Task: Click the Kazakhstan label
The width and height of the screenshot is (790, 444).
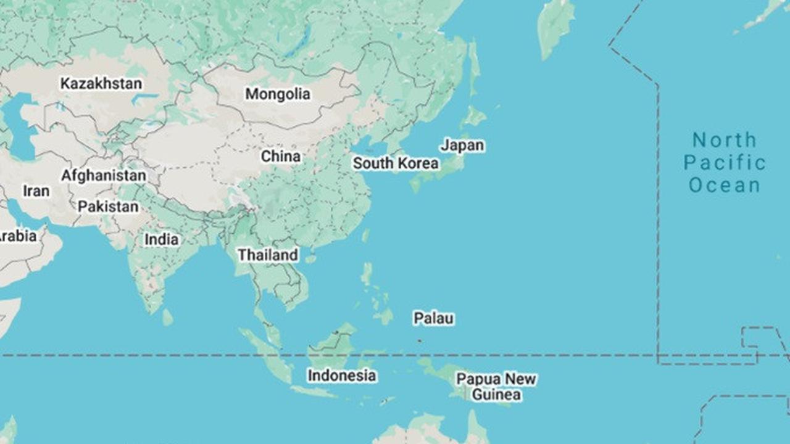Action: (x=101, y=84)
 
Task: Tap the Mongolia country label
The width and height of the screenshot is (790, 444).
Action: (x=278, y=94)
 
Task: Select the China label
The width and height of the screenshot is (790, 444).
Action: (x=281, y=157)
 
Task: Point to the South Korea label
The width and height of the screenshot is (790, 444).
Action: (x=396, y=163)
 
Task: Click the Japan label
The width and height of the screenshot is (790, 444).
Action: (x=462, y=146)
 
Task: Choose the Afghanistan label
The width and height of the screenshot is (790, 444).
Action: (x=104, y=176)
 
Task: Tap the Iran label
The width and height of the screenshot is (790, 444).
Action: (x=36, y=191)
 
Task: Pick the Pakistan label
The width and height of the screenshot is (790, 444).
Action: (x=108, y=207)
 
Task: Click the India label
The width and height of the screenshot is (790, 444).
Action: (x=162, y=239)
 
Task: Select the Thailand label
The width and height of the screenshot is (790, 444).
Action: (x=268, y=255)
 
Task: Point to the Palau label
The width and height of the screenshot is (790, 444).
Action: (x=433, y=319)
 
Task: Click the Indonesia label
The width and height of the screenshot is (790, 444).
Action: (x=342, y=376)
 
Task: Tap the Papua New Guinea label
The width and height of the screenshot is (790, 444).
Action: (x=496, y=387)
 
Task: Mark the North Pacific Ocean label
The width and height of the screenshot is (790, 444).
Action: (x=725, y=163)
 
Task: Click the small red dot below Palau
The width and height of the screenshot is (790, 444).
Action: (x=420, y=340)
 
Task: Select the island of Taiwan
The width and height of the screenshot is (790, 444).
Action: (x=366, y=236)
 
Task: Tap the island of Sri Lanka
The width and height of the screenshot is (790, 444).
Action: (x=167, y=318)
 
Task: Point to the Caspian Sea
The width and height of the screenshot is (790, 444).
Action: (x=19, y=126)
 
